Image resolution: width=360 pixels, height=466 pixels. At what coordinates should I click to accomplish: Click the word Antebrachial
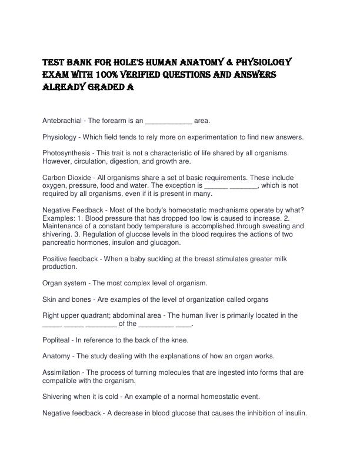point(62,121)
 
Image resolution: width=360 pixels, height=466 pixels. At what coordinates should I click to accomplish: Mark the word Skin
point(50,299)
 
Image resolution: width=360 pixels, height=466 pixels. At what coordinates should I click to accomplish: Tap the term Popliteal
point(56,340)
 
